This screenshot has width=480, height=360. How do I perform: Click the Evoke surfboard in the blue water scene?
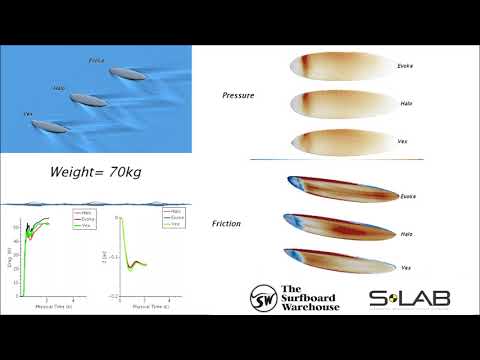click(129, 73)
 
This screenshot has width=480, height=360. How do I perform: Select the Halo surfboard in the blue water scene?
click(87, 101)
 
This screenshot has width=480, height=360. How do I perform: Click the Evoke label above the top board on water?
click(96, 61)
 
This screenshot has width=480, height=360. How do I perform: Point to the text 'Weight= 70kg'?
click(96, 172)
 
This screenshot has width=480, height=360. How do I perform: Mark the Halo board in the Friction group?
click(340, 225)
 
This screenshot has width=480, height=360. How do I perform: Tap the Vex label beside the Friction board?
click(406, 268)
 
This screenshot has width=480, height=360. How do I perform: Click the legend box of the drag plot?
click(83, 216)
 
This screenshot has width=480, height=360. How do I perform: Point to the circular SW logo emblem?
click(264, 297)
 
